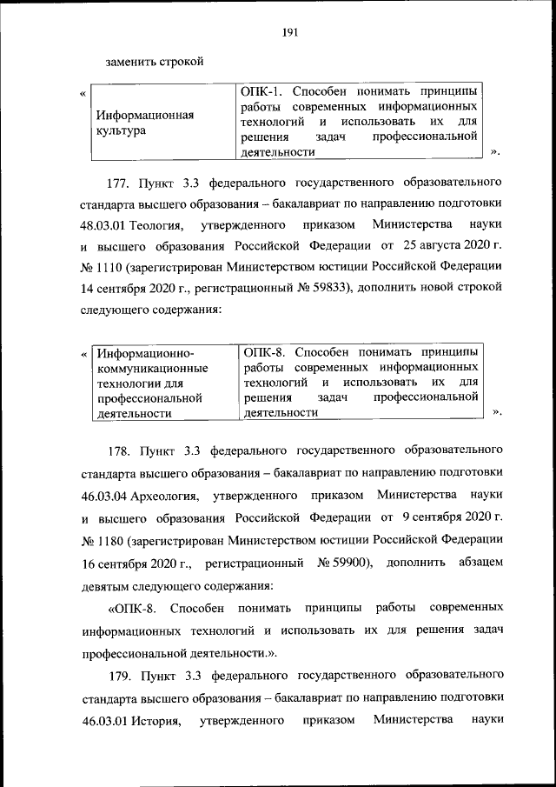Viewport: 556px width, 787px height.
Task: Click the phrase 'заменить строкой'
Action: click(x=154, y=63)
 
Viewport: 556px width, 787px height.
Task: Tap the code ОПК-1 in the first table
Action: click(x=263, y=91)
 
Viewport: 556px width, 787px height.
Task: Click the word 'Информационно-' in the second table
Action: click(x=145, y=353)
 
